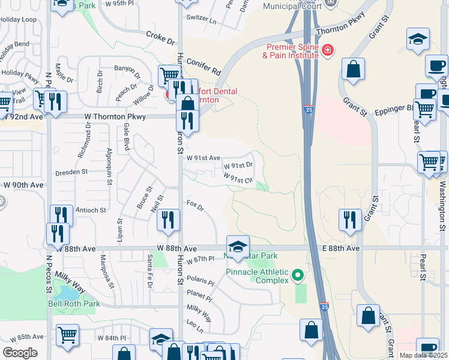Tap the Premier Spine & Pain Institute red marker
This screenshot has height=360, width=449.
coord(327,50)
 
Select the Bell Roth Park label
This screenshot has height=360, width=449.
coord(74,304)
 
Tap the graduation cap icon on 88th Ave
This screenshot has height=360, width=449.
coord(237,247)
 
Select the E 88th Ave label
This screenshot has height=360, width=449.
coord(340,248)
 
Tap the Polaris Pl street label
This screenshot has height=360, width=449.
coord(200,281)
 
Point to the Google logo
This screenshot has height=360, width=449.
coord(20,353)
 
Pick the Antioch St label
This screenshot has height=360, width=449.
coord(91,211)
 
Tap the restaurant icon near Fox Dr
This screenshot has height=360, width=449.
coord(168,220)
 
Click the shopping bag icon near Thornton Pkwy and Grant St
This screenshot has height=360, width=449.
coord(354,69)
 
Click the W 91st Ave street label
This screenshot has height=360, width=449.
coord(203,158)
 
